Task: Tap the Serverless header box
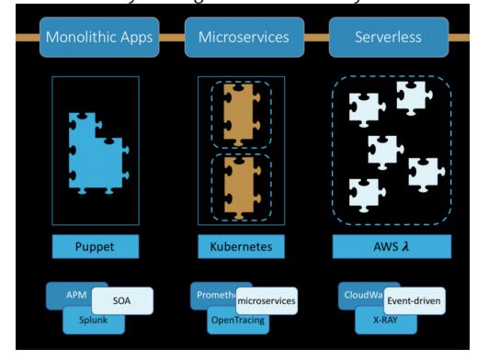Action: click(x=390, y=38)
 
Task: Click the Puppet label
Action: click(x=96, y=247)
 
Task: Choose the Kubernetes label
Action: click(x=241, y=247)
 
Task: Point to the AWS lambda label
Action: click(x=390, y=247)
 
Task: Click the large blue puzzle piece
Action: click(x=92, y=156)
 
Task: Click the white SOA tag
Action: click(x=122, y=300)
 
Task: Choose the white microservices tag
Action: click(x=265, y=300)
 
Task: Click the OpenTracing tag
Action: click(x=237, y=321)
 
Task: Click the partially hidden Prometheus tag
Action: click(x=211, y=294)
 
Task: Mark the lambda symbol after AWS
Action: click(x=406, y=247)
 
